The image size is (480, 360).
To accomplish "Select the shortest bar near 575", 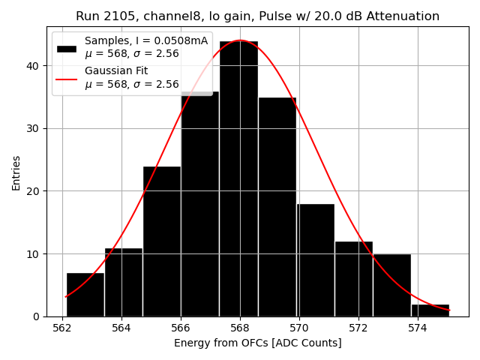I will click(430, 310).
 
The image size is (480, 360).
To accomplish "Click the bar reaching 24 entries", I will click(161, 241).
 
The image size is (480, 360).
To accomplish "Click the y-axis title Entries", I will click(16, 172).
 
